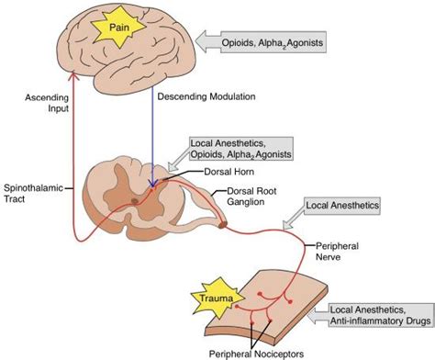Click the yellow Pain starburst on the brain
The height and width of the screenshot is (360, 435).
click(x=118, y=28)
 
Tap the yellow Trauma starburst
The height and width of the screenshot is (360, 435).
click(x=217, y=298)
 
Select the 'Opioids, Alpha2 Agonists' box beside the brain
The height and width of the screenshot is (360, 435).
click(x=273, y=42)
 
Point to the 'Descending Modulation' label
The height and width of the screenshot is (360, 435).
click(x=206, y=96)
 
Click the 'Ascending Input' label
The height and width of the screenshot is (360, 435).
click(x=47, y=103)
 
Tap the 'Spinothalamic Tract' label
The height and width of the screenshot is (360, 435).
click(x=33, y=194)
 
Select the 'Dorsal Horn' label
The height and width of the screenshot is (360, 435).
click(x=229, y=172)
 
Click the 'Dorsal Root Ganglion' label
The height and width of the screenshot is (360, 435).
click(x=251, y=197)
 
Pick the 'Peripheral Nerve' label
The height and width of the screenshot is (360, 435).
click(x=337, y=251)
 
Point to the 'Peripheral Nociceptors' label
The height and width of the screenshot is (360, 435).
click(x=256, y=354)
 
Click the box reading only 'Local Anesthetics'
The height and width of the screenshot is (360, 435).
click(x=342, y=206)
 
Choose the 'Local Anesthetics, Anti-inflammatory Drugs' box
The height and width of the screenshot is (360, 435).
click(x=381, y=315)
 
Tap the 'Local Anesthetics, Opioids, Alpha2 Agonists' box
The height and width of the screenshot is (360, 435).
click(x=241, y=149)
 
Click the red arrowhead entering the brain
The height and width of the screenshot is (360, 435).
click(x=72, y=75)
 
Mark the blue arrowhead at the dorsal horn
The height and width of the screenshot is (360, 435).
click(x=152, y=183)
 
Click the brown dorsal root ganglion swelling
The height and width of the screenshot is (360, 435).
click(x=223, y=225)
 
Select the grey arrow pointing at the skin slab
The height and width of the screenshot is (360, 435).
click(x=318, y=315)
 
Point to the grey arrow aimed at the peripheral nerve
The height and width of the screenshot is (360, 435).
click(x=294, y=220)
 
